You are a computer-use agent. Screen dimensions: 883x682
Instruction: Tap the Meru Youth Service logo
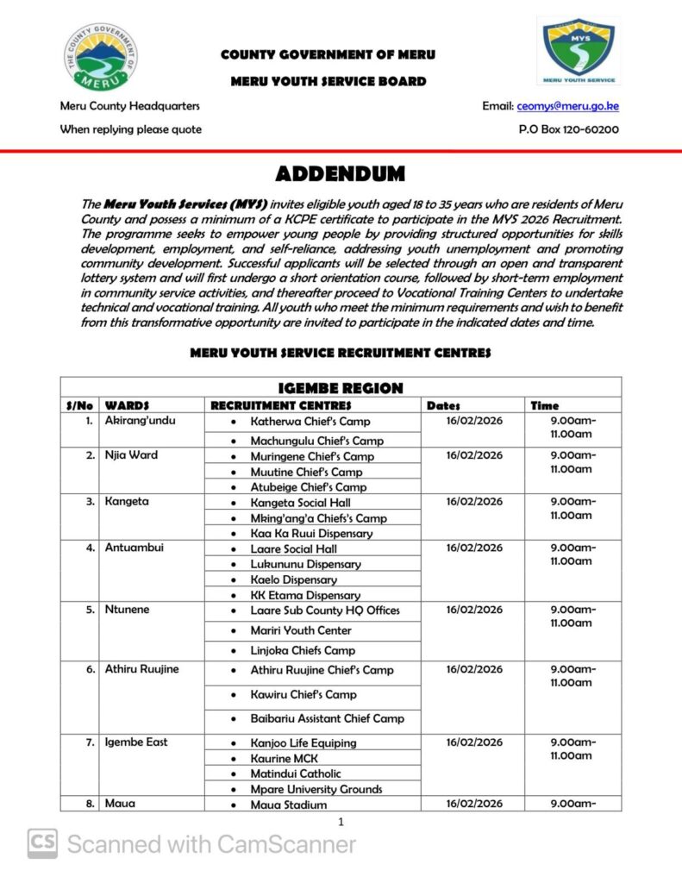pos(579,51)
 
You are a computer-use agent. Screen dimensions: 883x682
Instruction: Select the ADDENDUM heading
pos(340,174)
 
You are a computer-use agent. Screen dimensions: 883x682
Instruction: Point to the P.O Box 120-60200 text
pos(568,129)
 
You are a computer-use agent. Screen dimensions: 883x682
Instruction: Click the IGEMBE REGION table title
pos(340,387)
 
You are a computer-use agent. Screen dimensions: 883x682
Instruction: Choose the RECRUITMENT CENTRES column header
pos(281,405)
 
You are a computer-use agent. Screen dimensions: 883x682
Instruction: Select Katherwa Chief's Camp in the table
pos(310,422)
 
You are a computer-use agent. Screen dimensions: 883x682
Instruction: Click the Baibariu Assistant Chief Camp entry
pos(327,718)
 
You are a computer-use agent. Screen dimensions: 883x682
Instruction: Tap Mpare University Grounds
pos(316,789)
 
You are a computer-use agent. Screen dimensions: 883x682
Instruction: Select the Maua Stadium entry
pos(289,805)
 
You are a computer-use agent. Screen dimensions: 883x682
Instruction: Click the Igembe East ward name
pos(136,742)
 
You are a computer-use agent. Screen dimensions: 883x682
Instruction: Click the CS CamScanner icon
pos(42,844)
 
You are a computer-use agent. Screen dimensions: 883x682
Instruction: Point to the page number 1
pos(341,822)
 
